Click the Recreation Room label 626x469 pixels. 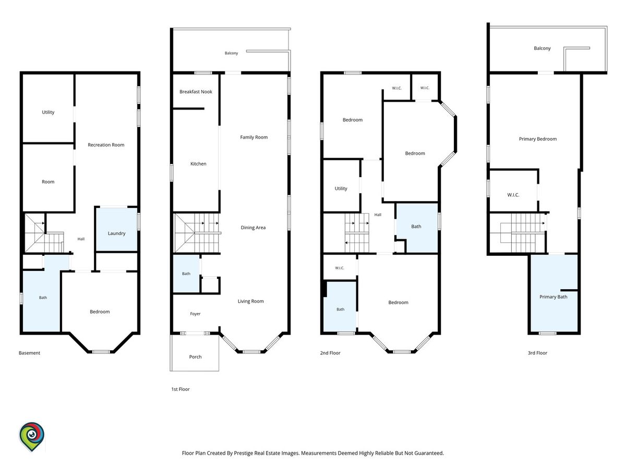(x=106, y=145)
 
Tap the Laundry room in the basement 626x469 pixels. (x=116, y=229)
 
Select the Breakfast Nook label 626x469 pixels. (x=196, y=92)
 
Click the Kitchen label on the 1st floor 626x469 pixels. (x=198, y=164)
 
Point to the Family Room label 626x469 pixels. (x=254, y=137)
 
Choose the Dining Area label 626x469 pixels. (x=253, y=228)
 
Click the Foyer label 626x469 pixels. (x=195, y=314)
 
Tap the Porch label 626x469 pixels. (x=195, y=357)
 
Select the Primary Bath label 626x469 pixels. (x=553, y=297)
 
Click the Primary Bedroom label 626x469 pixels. (x=538, y=139)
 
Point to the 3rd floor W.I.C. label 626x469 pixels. (x=513, y=195)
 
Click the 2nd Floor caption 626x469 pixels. (x=330, y=353)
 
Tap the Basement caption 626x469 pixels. (x=29, y=353)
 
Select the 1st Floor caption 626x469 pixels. (x=180, y=389)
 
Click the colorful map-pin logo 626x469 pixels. (x=32, y=437)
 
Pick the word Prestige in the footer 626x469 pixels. (x=244, y=453)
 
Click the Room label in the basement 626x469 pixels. (x=48, y=182)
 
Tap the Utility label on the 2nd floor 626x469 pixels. (x=341, y=189)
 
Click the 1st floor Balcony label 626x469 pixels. (x=231, y=53)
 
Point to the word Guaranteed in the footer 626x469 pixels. (x=429, y=453)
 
